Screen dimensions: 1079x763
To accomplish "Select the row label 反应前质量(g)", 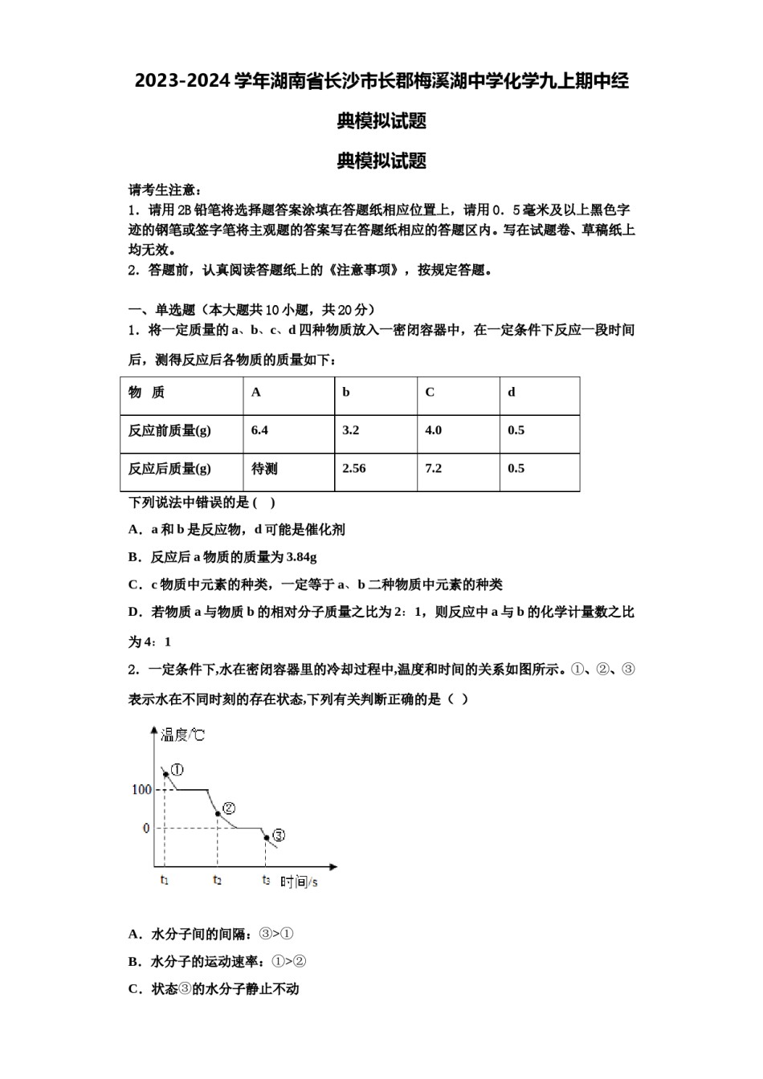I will [169, 430].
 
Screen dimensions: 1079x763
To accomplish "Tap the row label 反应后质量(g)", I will [169, 468].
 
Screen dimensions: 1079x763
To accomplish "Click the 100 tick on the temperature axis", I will [141, 789].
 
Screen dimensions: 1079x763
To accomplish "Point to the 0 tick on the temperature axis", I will [146, 828].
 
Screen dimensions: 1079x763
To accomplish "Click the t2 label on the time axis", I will [218, 881].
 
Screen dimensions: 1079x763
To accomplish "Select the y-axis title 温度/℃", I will [182, 735].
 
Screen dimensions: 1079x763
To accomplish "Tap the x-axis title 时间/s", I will [299, 882].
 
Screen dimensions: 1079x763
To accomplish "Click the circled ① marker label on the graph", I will [177, 769].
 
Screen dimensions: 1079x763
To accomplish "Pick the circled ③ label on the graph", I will [279, 835].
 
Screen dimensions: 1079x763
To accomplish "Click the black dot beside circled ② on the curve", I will [218, 814].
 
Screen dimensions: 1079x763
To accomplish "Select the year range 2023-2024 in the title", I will [182, 81].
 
